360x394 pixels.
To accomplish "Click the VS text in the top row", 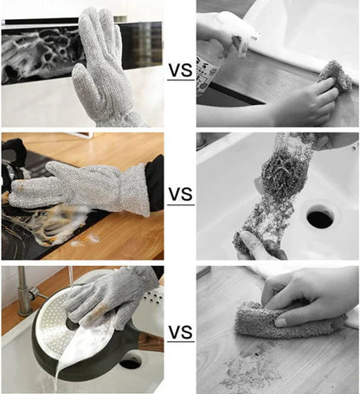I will pos(180,68).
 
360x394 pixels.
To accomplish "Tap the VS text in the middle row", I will pos(180,194).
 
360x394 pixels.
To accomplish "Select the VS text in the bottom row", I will pos(180,332).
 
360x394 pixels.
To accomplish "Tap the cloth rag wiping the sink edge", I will pos(335,76).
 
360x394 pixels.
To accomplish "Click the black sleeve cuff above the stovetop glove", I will pos(154,182).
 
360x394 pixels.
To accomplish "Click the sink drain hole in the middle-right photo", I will pos(319,216).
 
